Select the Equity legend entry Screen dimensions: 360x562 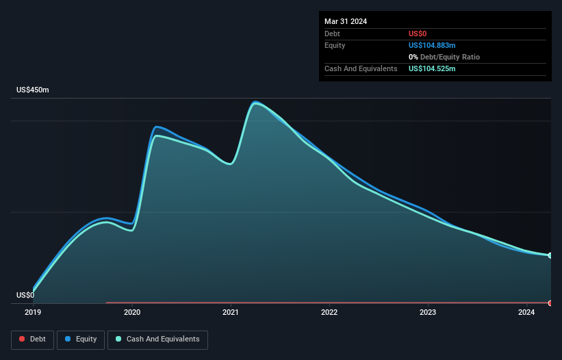(x=81, y=339)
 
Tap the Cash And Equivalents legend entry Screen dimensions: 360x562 (x=157, y=339)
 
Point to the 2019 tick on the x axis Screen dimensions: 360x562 (x=33, y=313)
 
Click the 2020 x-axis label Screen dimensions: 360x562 (x=132, y=313)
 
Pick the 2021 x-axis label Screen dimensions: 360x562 (x=231, y=313)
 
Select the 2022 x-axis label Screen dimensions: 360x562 (x=329, y=313)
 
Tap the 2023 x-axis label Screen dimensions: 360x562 (x=428, y=313)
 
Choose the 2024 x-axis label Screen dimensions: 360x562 (x=526, y=313)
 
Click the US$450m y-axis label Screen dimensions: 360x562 (x=33, y=90)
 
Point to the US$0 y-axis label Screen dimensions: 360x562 (x=25, y=296)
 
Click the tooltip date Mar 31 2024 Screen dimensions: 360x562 (x=346, y=21)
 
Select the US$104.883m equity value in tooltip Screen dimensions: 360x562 (x=432, y=45)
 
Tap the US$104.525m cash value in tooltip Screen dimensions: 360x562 (x=432, y=68)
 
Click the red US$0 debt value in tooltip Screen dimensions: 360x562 (x=419, y=34)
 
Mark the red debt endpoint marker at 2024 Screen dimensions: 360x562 (x=550, y=303)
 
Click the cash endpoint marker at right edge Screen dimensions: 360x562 (x=550, y=255)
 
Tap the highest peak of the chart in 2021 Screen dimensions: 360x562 (x=255, y=103)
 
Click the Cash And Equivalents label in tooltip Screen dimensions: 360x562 (x=361, y=68)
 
